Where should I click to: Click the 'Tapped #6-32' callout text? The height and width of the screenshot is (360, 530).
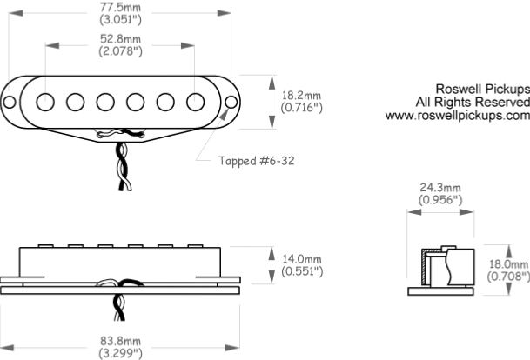click(256, 161)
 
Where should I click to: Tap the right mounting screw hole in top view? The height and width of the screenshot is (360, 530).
click(231, 102)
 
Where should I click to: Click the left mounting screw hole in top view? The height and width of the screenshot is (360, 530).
click(9, 102)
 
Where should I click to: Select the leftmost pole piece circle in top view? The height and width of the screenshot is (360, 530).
click(45, 102)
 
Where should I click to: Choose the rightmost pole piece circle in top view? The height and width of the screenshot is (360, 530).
click(195, 102)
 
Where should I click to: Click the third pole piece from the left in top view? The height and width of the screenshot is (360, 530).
click(105, 102)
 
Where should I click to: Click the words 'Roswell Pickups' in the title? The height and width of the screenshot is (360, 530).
click(483, 90)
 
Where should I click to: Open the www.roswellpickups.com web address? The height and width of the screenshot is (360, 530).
click(457, 116)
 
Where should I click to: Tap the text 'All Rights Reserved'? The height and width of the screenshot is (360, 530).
click(473, 102)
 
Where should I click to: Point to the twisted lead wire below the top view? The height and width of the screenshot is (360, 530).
click(124, 166)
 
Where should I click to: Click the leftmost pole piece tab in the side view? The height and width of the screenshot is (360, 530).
click(45, 246)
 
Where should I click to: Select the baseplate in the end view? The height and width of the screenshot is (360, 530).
click(440, 291)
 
